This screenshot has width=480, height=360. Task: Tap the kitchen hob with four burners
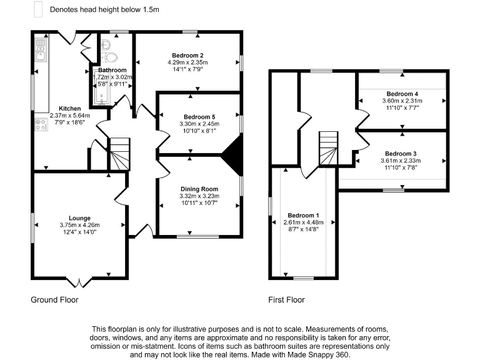[41, 124]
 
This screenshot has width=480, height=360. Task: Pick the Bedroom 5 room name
[199, 117]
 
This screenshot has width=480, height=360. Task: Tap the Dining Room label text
[199, 189]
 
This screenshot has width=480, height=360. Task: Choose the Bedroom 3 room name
[401, 153]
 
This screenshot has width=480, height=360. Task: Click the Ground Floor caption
[55, 300]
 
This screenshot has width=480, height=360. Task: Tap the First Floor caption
[286, 300]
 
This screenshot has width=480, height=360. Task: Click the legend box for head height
[37, 10]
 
